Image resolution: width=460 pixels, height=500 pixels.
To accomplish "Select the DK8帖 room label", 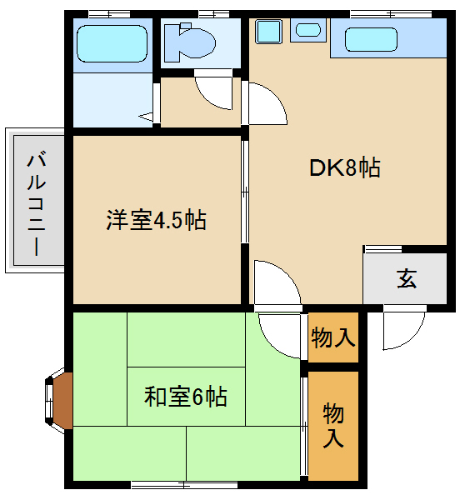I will click(345, 167).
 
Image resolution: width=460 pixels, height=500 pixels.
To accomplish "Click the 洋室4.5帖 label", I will click(156, 220).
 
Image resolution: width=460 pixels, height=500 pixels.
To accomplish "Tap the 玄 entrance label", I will click(407, 279).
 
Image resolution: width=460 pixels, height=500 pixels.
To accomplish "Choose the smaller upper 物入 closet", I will click(333, 337).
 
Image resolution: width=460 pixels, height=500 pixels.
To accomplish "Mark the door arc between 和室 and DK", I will click(280, 335).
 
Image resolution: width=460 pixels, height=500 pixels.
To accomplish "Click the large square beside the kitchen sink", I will click(269, 32).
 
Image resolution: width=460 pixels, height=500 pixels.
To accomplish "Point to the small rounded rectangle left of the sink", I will click(308, 31).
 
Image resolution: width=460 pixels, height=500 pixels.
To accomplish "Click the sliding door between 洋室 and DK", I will click(245, 192).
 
